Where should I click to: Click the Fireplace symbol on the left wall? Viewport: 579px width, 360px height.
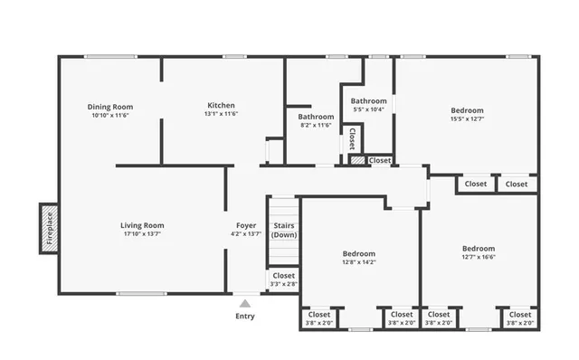coord(49,229)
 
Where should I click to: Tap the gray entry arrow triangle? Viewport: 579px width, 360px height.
coord(245,303)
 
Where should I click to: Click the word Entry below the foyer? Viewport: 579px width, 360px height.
coord(245,317)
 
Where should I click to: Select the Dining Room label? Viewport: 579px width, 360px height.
coord(110,107)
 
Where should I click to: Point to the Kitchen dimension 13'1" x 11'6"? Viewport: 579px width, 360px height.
coord(222,115)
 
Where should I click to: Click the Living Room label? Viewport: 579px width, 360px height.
coord(143,225)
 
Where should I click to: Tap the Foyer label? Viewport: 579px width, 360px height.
coord(246,225)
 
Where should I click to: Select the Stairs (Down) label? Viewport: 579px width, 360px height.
coord(284,230)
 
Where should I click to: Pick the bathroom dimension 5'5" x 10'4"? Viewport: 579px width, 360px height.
coord(369,109)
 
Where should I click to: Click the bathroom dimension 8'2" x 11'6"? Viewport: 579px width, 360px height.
coord(317,125)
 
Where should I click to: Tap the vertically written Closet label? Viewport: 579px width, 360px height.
coord(351,138)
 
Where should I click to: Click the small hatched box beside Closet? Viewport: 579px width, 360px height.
coord(358,160)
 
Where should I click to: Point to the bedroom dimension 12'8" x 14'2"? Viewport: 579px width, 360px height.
coord(359,263)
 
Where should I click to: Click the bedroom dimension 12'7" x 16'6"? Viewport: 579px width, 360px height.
coord(479,257)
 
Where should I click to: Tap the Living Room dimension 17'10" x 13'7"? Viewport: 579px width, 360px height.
coord(143,234)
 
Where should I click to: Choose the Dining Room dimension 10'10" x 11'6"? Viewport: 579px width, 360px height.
coord(110,116)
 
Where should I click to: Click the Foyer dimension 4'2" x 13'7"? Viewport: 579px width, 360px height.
coord(246,234)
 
